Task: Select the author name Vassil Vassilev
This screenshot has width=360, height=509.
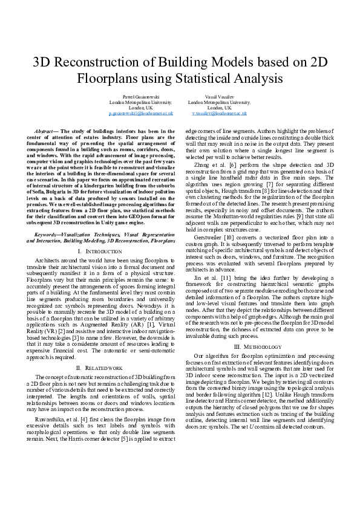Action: tap(219, 97)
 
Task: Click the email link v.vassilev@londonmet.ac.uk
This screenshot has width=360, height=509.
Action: tap(219, 113)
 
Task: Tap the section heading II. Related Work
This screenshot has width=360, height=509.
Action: tap(100, 367)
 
